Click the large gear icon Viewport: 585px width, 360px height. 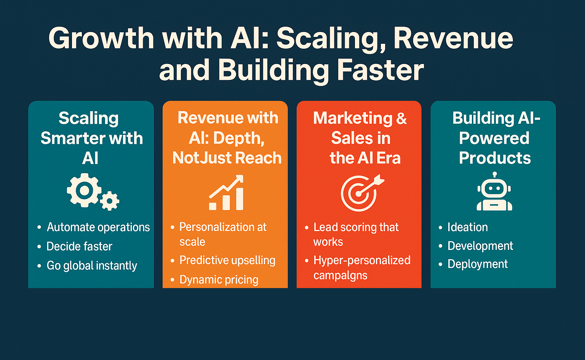(x=84, y=190)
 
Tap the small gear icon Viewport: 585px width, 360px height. (x=110, y=201)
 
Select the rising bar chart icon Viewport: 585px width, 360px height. (x=226, y=193)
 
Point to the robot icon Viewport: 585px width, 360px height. (x=494, y=192)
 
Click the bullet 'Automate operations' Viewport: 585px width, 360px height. (x=98, y=227)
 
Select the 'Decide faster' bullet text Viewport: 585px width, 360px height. (x=79, y=246)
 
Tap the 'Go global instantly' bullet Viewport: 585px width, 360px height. (x=92, y=266)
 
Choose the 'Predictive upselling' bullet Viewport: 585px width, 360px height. (x=227, y=260)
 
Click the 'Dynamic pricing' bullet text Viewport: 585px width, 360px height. (x=219, y=280)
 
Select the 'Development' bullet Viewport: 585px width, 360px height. (x=480, y=246)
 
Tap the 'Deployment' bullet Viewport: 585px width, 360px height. (x=478, y=264)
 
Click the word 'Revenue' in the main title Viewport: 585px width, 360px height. (x=453, y=38)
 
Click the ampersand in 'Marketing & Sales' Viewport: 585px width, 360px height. (x=401, y=118)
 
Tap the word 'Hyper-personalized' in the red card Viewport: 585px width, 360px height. (x=362, y=260)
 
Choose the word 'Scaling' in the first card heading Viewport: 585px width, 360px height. (x=89, y=118)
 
